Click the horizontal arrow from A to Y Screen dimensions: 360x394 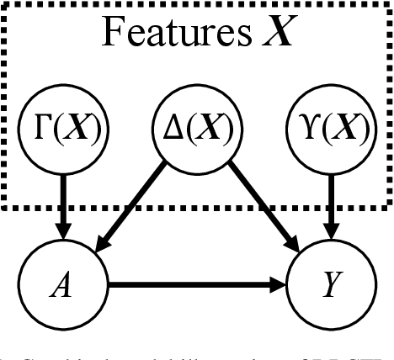click(194, 286)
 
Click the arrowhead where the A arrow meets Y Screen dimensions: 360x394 click(281, 286)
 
